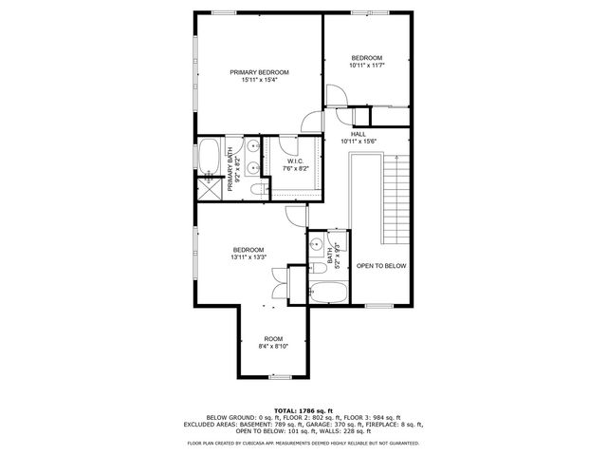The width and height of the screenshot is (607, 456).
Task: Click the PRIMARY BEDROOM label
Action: [x=259, y=72]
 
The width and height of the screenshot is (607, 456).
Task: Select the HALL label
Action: [x=359, y=134]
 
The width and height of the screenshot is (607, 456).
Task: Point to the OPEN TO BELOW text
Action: [x=381, y=266]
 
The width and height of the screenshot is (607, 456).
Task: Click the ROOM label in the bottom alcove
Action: [x=273, y=339]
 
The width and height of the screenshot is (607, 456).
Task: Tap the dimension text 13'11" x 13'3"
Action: [x=248, y=256]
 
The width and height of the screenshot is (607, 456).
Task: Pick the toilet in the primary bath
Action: [x=257, y=190]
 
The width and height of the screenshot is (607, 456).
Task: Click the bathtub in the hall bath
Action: [x=328, y=292]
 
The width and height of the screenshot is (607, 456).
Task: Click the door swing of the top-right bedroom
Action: [x=337, y=95]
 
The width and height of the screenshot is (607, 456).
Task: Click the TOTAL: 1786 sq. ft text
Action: [x=303, y=409]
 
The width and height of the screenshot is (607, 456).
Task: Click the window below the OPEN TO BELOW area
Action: [x=378, y=307]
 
